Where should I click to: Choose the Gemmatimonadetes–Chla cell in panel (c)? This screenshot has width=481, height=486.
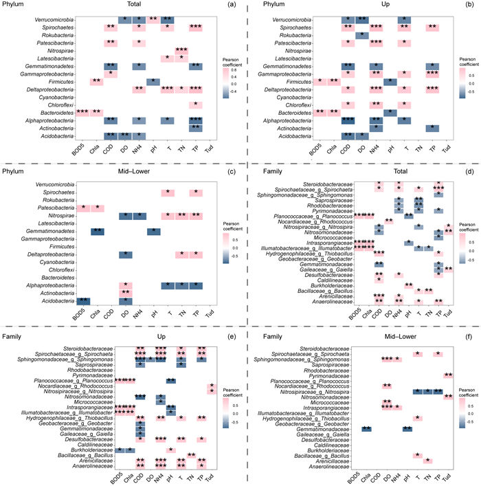[98, 231]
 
